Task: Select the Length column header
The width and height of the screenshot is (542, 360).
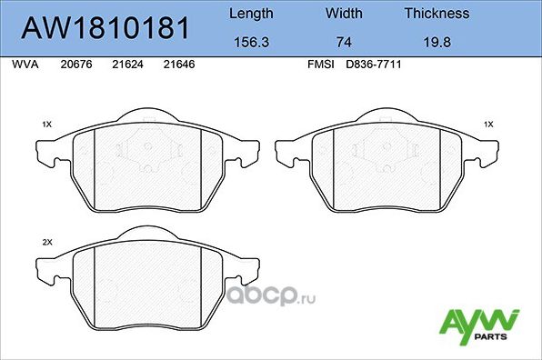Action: [250, 14]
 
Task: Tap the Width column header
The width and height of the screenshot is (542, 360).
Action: [343, 14]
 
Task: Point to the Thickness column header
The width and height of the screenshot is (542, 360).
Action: [437, 14]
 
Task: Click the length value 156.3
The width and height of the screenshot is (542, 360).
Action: [250, 41]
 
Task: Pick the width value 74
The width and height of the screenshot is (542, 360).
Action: [343, 41]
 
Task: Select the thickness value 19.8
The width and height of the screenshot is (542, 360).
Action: [437, 41]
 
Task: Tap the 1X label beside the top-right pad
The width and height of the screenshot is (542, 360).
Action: [488, 123]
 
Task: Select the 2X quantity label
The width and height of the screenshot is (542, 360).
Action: [47, 243]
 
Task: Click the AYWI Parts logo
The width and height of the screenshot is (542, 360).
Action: [479, 325]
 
